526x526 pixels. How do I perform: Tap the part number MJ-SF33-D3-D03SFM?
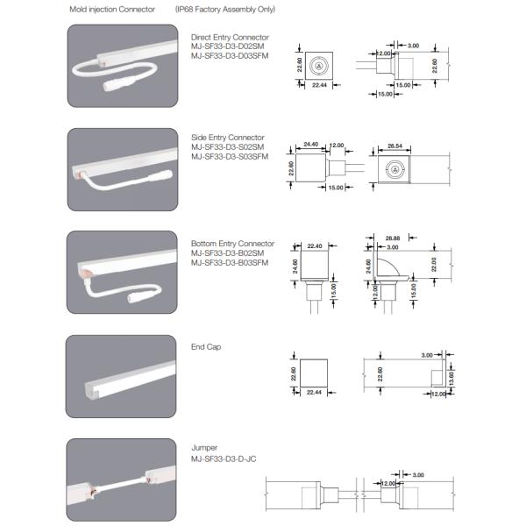click(230, 55)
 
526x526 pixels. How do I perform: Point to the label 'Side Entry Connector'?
click(227, 138)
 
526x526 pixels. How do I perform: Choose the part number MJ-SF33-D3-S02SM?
click(228, 146)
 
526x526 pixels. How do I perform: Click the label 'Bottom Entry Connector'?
click(232, 244)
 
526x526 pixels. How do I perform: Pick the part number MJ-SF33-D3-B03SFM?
click(230, 261)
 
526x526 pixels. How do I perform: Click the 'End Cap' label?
click(206, 347)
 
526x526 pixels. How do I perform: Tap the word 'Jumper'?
click(204, 447)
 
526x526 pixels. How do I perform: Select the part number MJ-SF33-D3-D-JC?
click(224, 458)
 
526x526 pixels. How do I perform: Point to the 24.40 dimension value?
click(309, 144)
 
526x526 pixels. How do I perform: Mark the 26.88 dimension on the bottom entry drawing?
click(393, 238)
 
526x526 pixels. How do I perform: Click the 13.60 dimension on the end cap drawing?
click(451, 376)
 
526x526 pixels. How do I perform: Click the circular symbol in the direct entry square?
click(317, 66)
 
